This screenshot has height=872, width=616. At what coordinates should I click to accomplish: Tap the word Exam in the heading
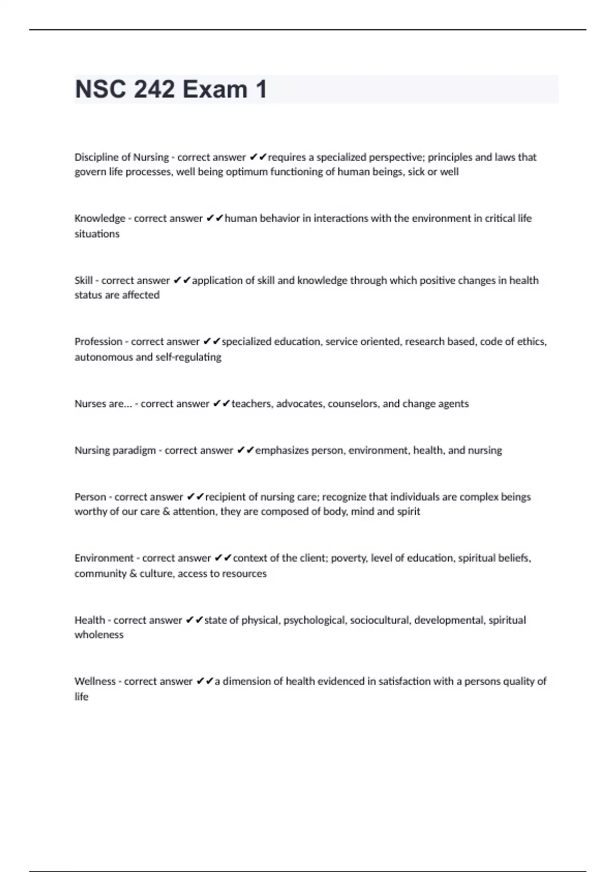[215, 89]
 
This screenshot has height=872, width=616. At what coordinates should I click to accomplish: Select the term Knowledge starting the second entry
[100, 219]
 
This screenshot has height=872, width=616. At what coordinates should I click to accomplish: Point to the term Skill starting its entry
[83, 280]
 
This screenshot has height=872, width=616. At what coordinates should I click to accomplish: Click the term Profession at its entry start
[98, 342]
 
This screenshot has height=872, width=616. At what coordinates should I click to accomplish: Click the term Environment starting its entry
[104, 558]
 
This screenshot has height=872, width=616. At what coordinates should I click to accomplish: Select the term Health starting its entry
[89, 620]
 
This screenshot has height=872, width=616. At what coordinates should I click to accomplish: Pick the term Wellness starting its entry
[95, 681]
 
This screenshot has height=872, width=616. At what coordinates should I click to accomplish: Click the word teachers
[252, 404]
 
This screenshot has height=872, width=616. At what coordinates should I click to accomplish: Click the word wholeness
[99, 635]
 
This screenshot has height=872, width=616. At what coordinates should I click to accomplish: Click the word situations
[97, 234]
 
